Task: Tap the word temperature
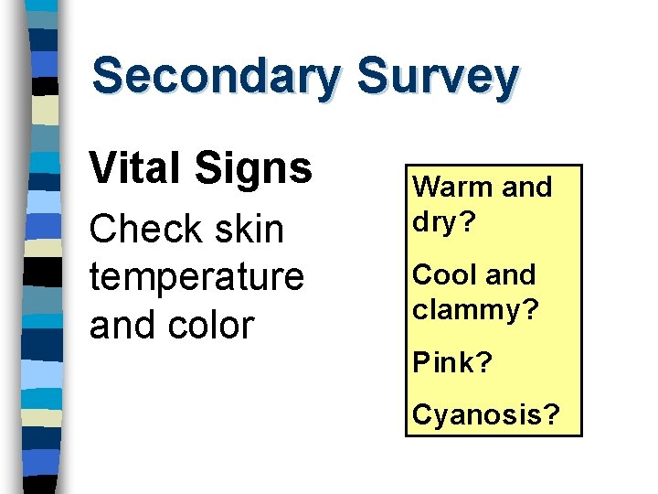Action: pyautogui.click(x=196, y=277)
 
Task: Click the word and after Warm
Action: pyautogui.click(x=527, y=188)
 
